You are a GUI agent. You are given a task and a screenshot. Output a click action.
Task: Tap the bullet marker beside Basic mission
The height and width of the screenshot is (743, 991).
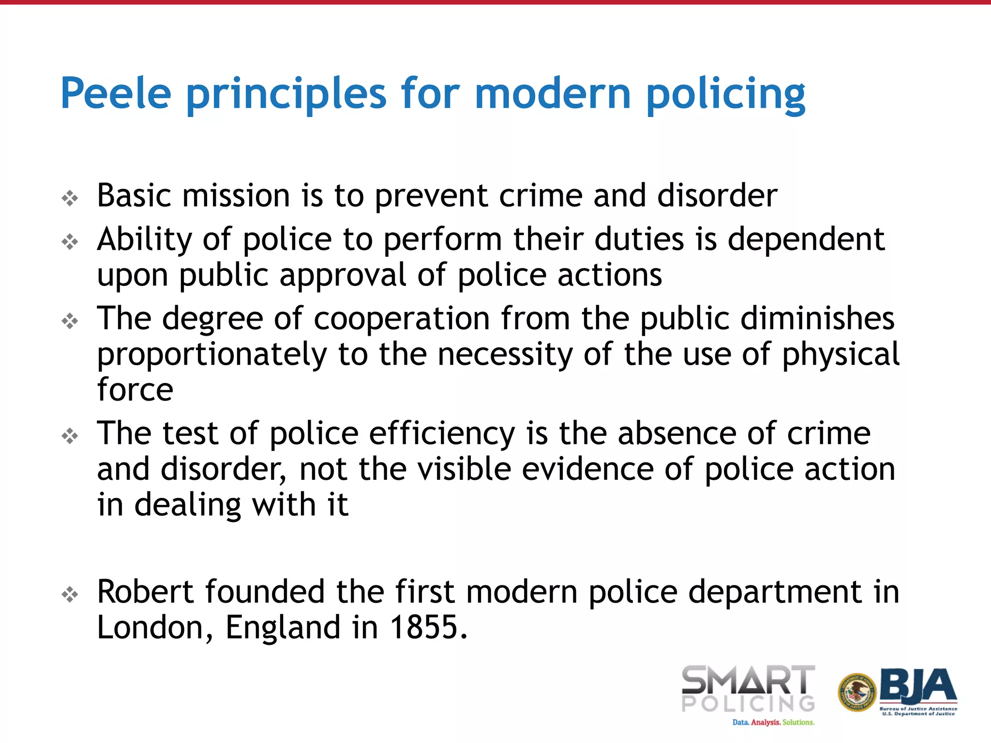point(70,198)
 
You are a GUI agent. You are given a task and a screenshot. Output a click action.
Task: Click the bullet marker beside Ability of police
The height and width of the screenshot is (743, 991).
point(70,242)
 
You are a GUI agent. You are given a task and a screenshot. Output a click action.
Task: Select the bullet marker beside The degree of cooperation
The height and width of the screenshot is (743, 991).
point(70,321)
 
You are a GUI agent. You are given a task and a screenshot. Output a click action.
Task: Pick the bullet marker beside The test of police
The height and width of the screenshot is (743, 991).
point(70,436)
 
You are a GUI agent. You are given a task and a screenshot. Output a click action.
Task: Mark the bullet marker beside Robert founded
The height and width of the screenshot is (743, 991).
point(70,594)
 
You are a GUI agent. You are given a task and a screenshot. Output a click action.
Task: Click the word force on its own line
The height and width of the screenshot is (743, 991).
point(135,389)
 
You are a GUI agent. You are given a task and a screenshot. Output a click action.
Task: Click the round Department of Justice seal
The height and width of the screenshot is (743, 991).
point(857,693)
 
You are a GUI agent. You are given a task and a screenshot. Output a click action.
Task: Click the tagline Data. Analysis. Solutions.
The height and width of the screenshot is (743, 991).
point(773,722)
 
